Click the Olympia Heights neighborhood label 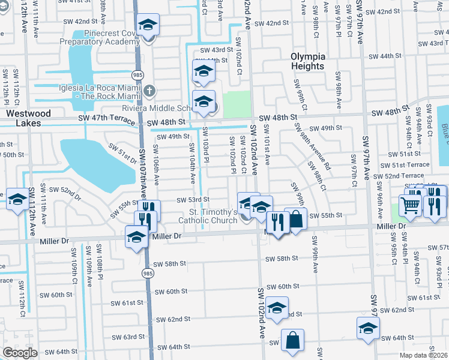(307, 61)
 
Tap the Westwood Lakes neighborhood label (24, 118)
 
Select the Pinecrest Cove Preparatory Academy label (104, 37)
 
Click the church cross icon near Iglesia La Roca (150, 91)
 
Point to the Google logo (20, 353)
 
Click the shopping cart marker (411, 205)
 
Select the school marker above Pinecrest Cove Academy (148, 25)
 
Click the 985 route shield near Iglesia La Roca (138, 74)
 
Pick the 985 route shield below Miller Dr (148, 273)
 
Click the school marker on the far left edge (17, 199)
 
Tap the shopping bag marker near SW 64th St (292, 340)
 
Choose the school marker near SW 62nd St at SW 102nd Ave (277, 308)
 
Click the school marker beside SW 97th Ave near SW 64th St (368, 328)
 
